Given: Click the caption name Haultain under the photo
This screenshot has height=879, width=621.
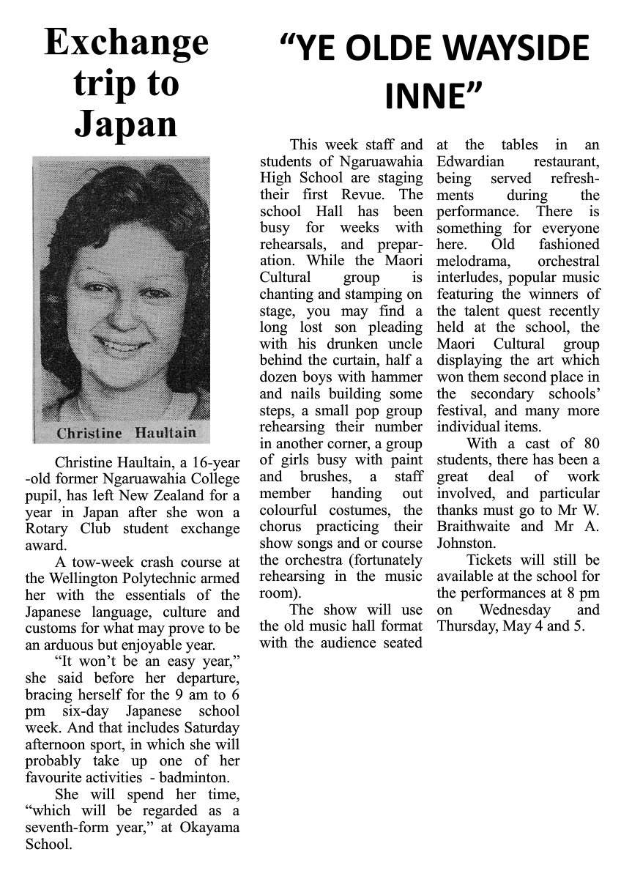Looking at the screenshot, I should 166,432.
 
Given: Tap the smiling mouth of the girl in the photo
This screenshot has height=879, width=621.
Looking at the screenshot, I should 125,344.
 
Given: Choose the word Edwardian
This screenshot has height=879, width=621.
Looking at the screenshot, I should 470,162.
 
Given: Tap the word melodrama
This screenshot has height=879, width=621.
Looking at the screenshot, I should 475,261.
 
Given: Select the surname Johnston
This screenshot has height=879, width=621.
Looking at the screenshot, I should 464,544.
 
